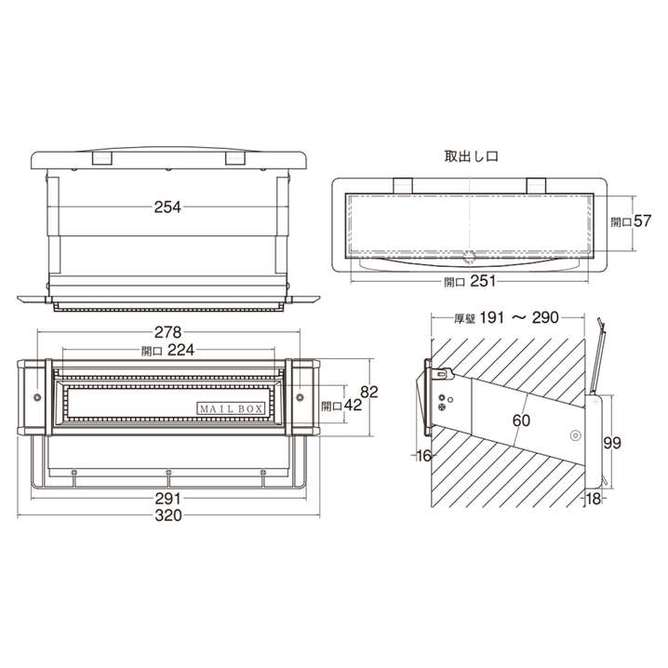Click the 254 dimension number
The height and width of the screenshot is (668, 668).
click(167, 207)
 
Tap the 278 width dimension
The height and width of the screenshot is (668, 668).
click(167, 332)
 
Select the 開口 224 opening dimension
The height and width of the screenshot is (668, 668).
click(167, 350)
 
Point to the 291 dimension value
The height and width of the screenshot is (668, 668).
click(168, 499)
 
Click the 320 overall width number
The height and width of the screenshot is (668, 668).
click(168, 515)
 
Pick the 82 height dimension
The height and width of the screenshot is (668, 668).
click(369, 392)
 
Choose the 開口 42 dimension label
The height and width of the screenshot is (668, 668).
click(341, 405)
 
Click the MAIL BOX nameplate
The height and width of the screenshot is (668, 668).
click(231, 409)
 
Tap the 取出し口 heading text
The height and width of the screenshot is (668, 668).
click(471, 156)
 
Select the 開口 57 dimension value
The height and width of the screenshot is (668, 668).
click(632, 221)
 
